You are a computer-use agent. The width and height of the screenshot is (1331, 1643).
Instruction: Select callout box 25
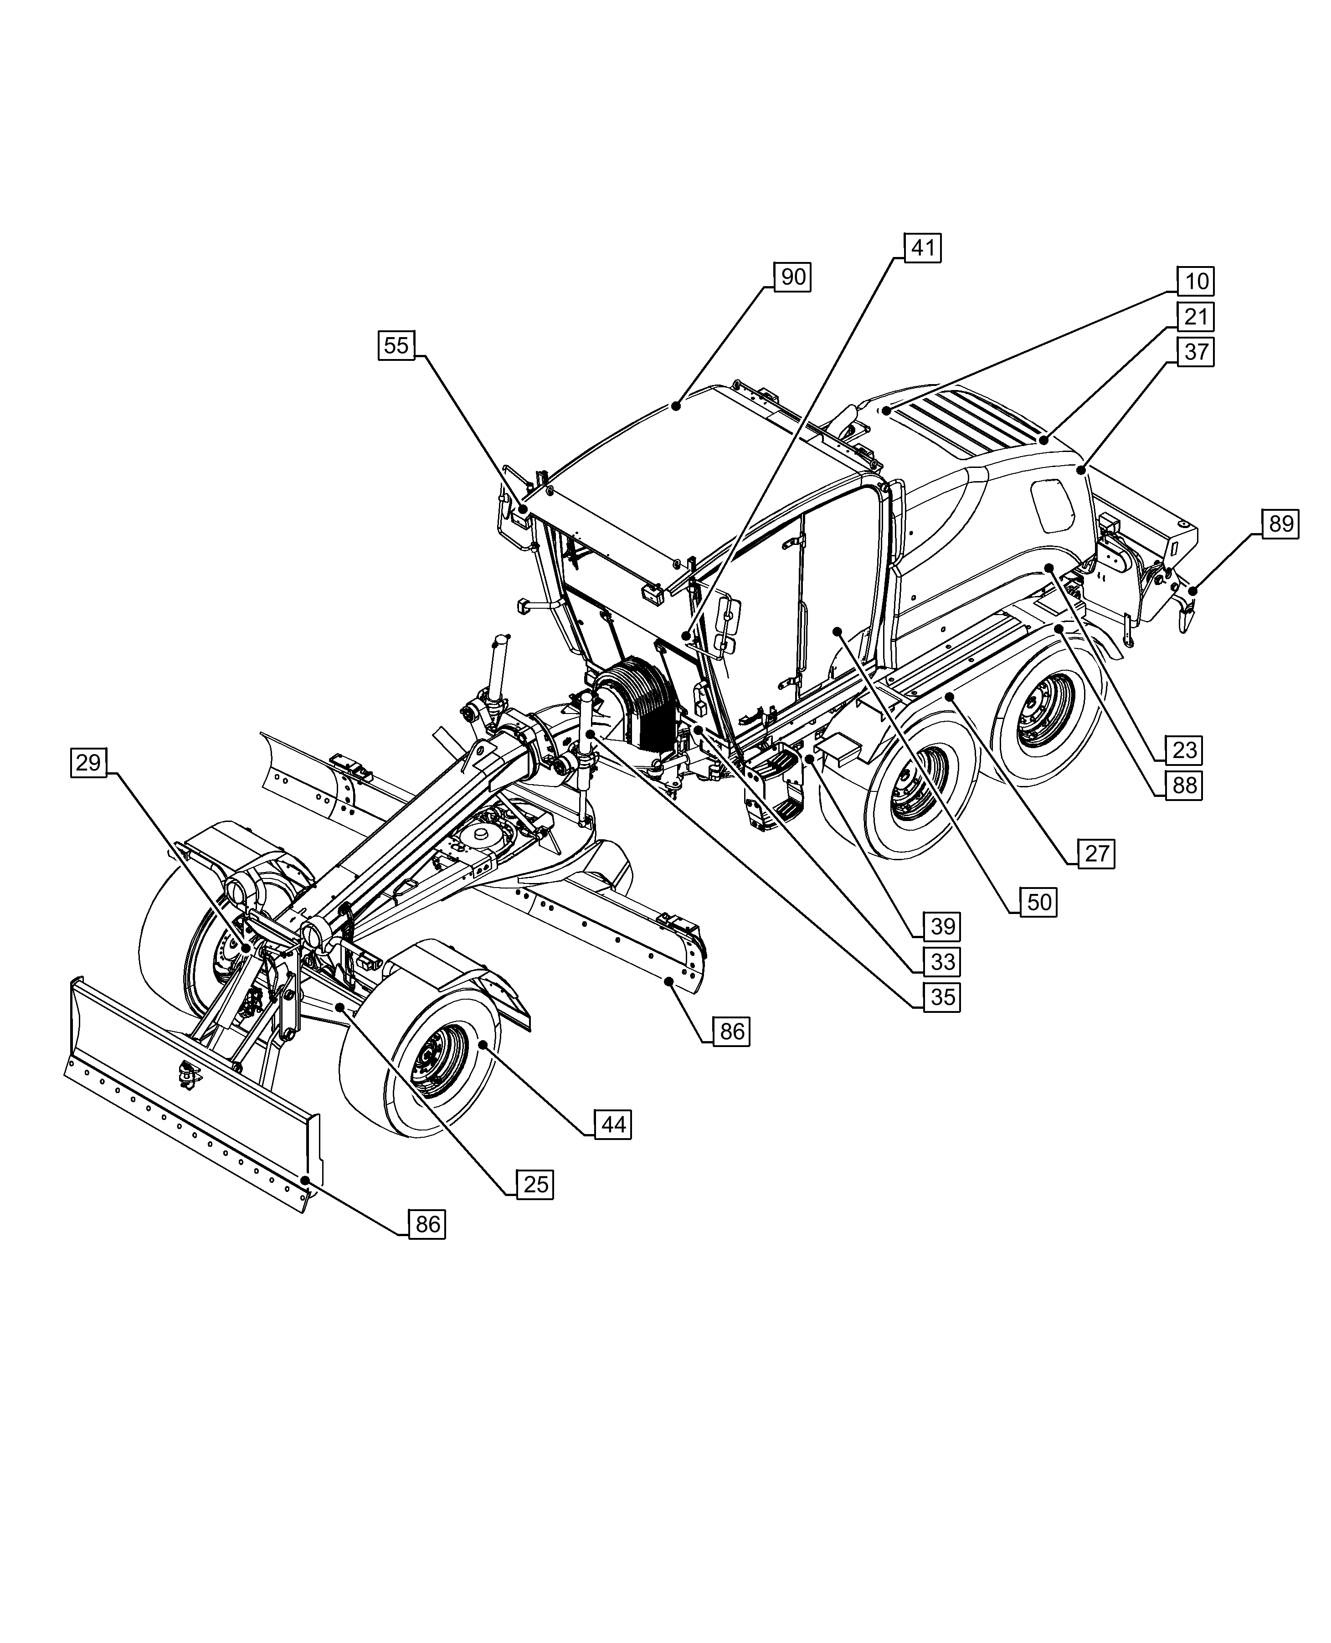(x=535, y=1185)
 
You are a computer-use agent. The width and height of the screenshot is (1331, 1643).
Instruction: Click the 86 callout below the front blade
(x=427, y=1224)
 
